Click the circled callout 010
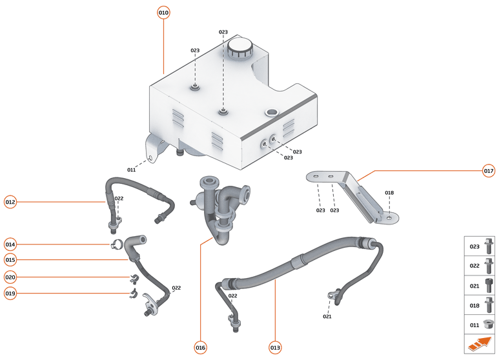coord(163,12)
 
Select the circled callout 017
coord(489,171)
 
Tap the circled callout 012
coord(10,201)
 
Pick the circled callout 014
coord(10,244)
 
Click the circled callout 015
coord(10,260)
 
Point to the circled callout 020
coord(10,277)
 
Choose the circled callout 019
coord(10,294)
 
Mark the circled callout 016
coord(200,347)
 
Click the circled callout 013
coord(276,347)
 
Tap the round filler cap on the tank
coord(239,47)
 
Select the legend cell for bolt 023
coord(480,246)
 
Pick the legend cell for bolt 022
coord(480,266)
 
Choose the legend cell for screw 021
coord(480,285)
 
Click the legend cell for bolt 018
coord(480,305)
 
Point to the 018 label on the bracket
coord(389,193)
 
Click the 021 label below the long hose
coord(327,316)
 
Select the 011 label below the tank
coord(131,170)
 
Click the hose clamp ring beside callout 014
coord(117,245)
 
